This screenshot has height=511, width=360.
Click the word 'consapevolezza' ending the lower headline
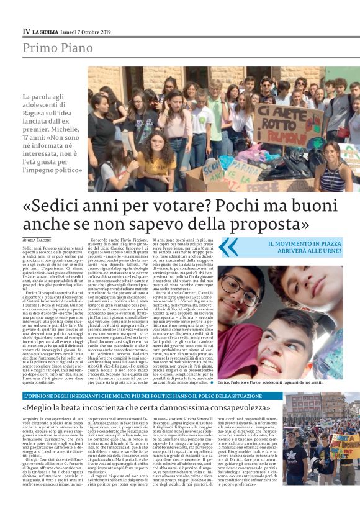(239, 408)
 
